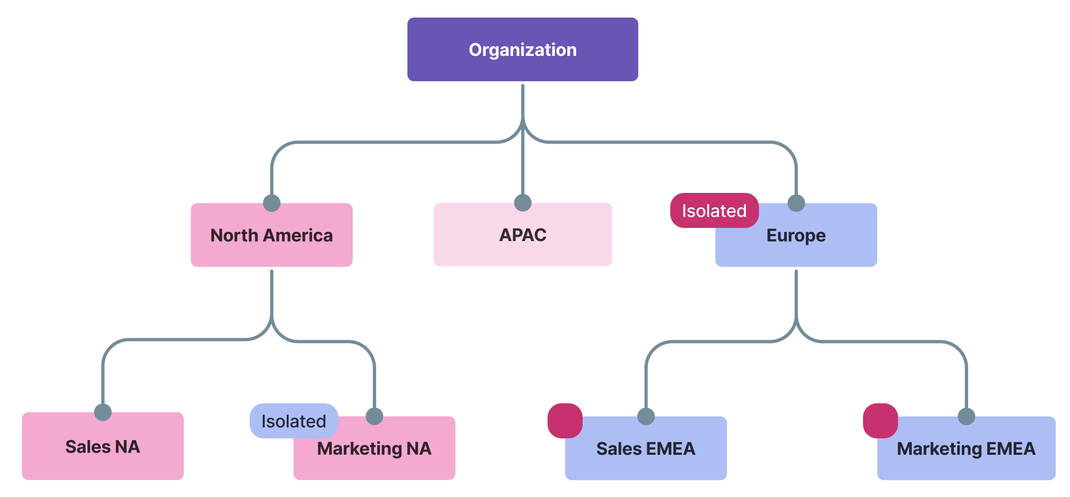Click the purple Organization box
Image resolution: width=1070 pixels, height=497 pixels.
pyautogui.click(x=522, y=49)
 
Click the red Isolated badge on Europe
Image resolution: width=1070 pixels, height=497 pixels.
pyautogui.click(x=714, y=210)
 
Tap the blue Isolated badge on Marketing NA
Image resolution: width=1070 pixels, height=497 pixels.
pyautogui.click(x=294, y=421)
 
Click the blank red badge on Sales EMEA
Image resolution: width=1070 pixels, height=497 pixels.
pyautogui.click(x=565, y=421)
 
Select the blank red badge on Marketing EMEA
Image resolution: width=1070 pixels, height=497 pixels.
pyautogui.click(x=880, y=421)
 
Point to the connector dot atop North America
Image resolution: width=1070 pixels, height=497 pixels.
pyautogui.click(x=272, y=203)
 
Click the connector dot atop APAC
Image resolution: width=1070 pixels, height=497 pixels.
pyautogui.click(x=523, y=203)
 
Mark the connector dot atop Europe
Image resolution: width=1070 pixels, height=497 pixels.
pyautogui.click(x=796, y=203)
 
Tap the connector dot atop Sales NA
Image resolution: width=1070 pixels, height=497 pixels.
pyautogui.click(x=102, y=412)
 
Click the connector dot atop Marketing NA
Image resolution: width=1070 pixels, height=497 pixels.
pyautogui.click(x=374, y=416)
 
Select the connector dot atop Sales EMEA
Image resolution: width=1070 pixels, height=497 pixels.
pyautogui.click(x=646, y=416)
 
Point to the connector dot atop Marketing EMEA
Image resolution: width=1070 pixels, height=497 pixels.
pyautogui.click(x=966, y=416)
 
